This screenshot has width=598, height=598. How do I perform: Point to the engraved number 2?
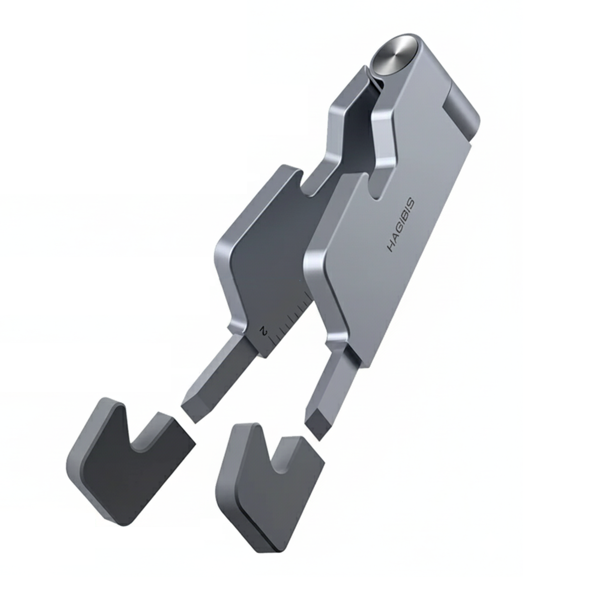[x=264, y=331]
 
